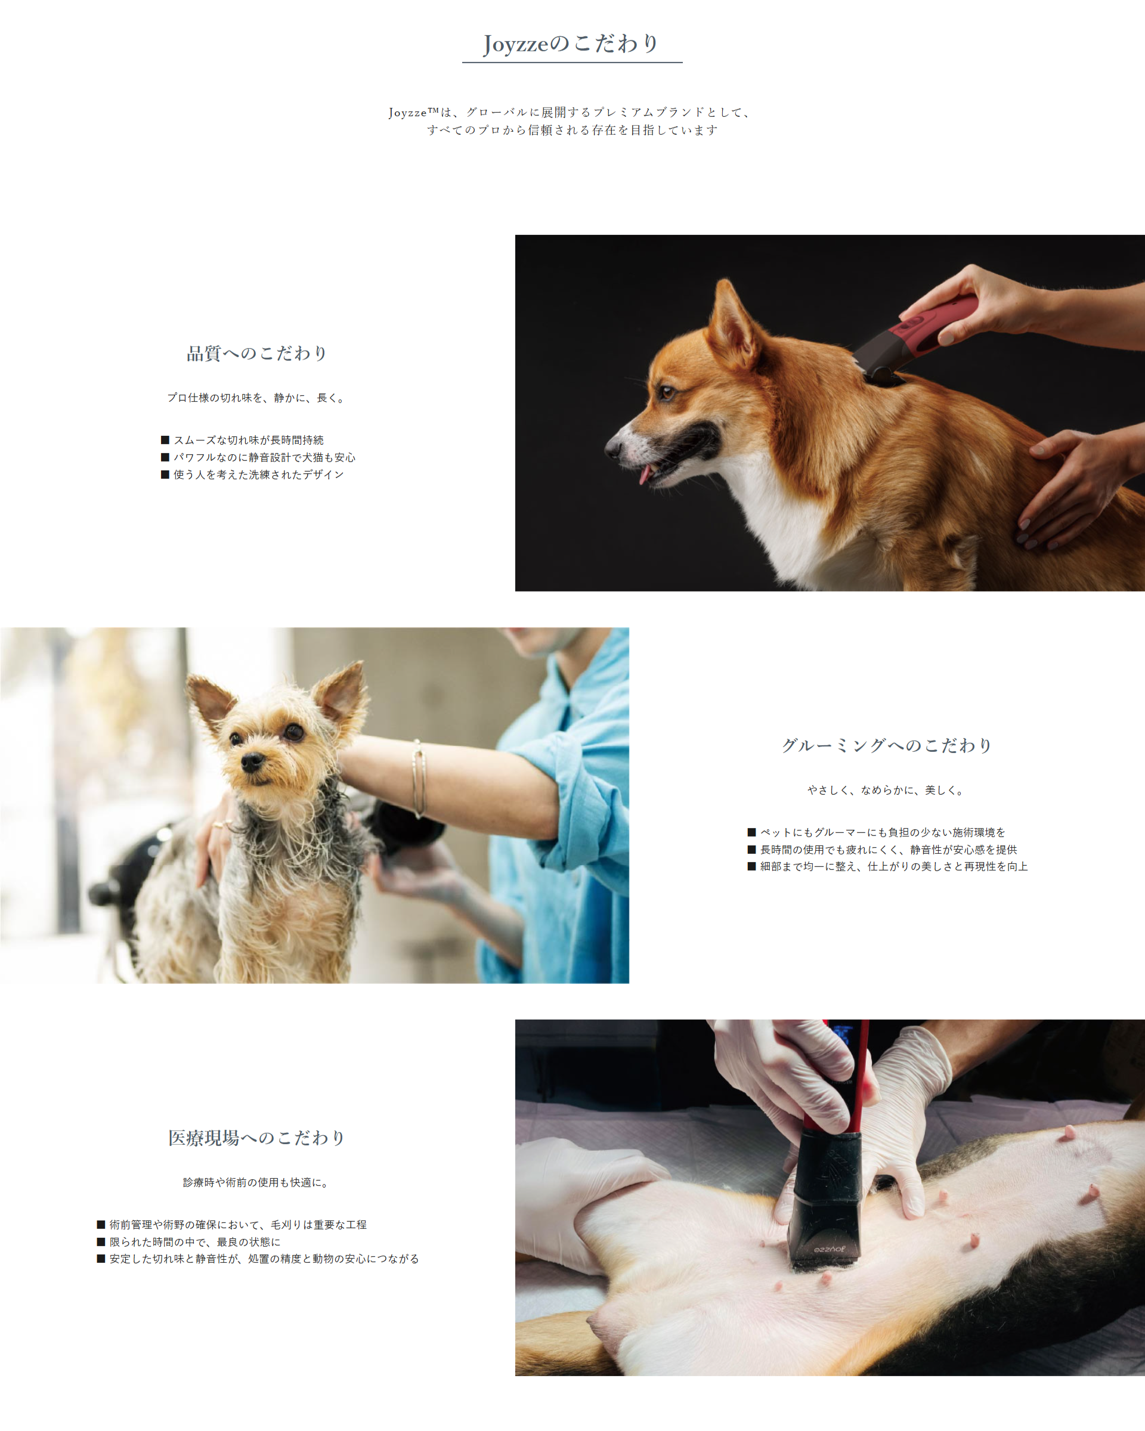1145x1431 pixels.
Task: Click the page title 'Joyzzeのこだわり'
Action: point(571,44)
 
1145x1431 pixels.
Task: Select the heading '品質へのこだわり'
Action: point(257,353)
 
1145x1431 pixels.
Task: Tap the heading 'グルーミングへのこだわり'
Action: point(887,745)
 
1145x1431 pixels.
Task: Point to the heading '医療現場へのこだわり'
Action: point(257,1138)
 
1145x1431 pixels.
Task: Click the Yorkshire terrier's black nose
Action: point(252,762)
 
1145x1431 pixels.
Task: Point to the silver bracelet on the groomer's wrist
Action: point(418,779)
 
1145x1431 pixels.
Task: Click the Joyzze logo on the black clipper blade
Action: point(830,1249)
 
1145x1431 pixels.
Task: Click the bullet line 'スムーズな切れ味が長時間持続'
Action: point(249,440)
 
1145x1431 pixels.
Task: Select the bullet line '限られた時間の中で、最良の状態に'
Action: point(195,1242)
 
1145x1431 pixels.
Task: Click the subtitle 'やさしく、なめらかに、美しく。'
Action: point(887,790)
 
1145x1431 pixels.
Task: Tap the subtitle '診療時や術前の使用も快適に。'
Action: point(257,1182)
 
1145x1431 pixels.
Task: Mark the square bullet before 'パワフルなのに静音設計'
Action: point(165,457)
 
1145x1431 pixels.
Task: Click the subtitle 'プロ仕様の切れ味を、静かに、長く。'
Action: point(257,398)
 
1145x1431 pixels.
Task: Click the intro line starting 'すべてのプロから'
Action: point(572,130)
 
